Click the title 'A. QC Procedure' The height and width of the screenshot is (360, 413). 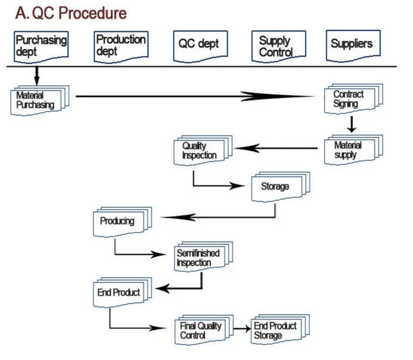click(x=71, y=12)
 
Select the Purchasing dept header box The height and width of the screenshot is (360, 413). click(x=40, y=46)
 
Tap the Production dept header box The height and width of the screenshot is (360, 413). click(x=121, y=46)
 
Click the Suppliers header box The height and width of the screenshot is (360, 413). click(x=351, y=45)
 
